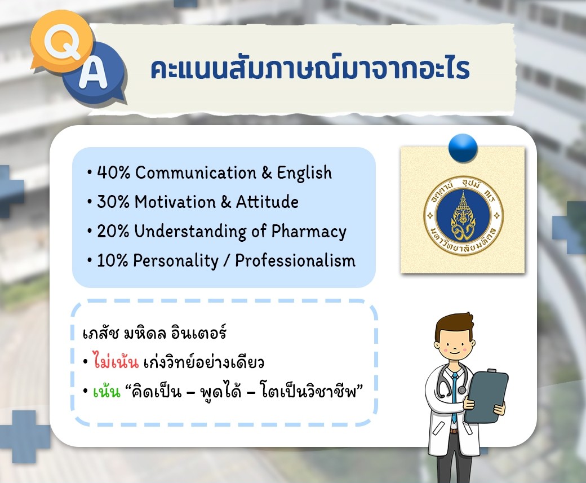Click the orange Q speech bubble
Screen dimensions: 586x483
point(61,43)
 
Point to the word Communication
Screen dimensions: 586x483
point(196,172)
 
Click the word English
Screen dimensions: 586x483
point(304,173)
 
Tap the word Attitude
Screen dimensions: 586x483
point(267,202)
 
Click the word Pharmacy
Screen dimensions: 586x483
point(309,232)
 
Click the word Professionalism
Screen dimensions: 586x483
point(295,260)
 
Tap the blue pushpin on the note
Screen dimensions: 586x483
point(463,148)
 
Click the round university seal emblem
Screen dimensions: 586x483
point(463,216)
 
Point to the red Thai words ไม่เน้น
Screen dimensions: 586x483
point(116,361)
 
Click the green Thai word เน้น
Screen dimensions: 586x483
point(107,391)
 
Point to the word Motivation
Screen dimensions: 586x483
point(175,202)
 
